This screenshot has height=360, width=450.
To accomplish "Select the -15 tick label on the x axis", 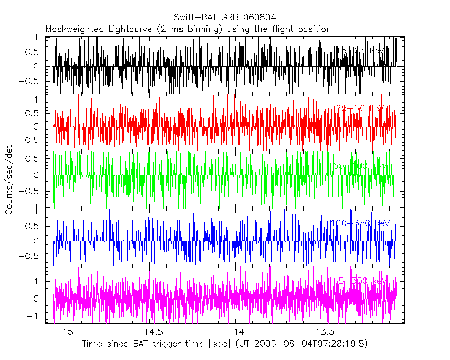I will coord(64,331).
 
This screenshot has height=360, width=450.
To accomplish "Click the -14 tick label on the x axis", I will coord(236,331).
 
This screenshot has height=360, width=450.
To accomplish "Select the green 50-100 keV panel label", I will coord(360,166).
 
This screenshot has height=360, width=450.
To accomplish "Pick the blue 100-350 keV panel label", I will coord(359,224).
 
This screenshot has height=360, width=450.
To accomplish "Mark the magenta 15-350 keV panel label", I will coord(359,281).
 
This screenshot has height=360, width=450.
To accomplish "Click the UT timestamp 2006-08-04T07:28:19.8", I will coord(308,344).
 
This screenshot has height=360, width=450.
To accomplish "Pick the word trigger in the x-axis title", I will coord(161,344).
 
